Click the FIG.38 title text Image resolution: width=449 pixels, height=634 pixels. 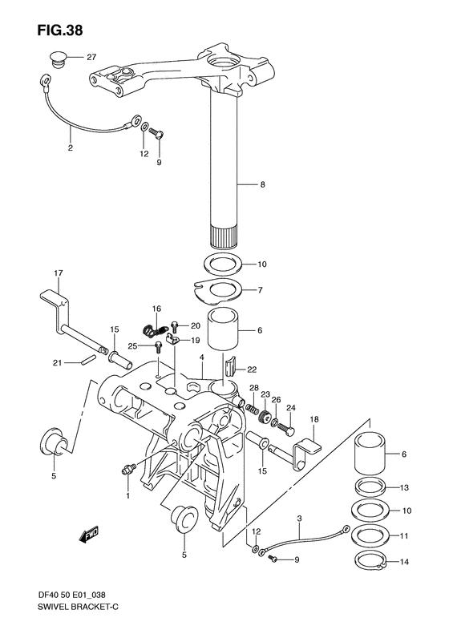pos(60,30)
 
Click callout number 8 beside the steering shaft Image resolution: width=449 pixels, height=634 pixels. pos(262,185)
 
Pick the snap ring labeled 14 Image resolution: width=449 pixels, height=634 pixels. pos(371,562)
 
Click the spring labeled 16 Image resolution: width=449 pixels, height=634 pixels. pos(156,330)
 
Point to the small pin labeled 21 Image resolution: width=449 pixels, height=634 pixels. pos(89,359)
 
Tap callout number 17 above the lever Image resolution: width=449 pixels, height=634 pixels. pos(59,273)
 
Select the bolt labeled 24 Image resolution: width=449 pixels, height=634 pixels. pos(286,426)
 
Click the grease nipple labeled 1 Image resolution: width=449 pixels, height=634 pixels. pos(128,469)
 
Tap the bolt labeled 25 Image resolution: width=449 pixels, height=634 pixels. pos(159,347)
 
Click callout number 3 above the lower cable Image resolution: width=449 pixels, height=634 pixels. pos(299,518)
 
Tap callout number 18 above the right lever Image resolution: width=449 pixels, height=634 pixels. pos(314,419)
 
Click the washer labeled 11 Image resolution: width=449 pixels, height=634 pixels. pos(371,535)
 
